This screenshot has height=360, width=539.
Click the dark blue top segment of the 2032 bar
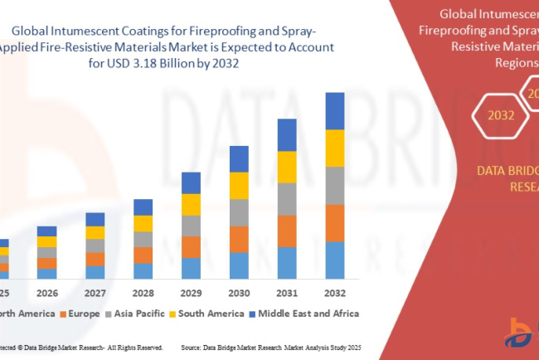pos(334,110)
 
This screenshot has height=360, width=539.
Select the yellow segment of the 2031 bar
pos(286,167)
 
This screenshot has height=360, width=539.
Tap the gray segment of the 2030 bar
pos(239,212)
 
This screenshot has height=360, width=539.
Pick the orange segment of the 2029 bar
pos(191,247)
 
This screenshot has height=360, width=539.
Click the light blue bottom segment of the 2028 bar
pos(143,270)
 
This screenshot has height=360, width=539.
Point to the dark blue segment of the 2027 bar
pos(95,219)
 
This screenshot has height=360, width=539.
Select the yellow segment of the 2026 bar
pos(47,241)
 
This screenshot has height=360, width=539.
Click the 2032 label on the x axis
pos(334,292)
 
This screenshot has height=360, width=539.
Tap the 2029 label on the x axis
pos(191,292)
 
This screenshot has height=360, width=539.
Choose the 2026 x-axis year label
pos(47,292)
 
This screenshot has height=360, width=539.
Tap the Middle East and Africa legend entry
pos(302,314)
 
